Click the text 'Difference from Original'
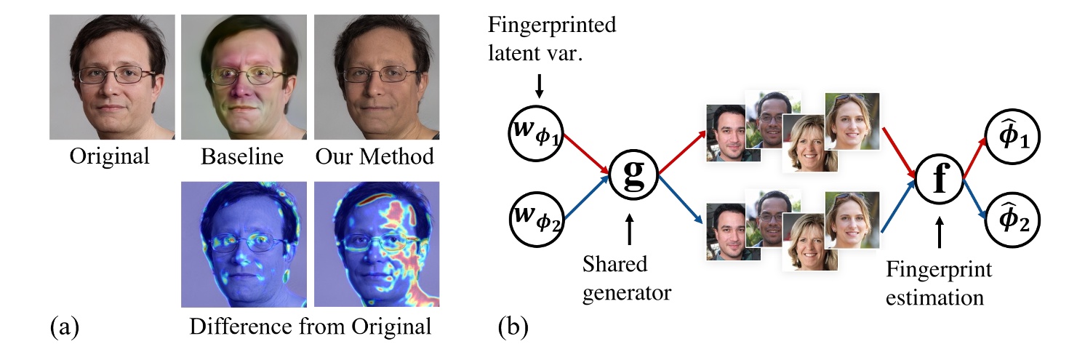pyautogui.click(x=311, y=326)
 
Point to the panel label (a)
pyautogui.click(x=63, y=327)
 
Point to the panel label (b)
pyautogui.click(x=513, y=327)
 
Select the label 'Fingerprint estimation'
pyautogui.click(x=938, y=284)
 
